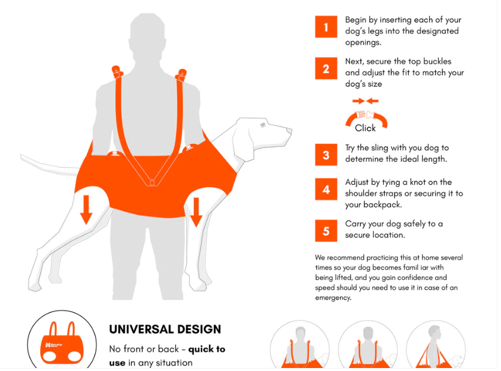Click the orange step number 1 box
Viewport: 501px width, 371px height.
326,27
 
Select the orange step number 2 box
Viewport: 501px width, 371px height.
326,68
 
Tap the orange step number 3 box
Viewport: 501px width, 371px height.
326,155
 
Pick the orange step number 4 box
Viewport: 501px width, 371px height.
326,189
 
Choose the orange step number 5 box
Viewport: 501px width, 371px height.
326,231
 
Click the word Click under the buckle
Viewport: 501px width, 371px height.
365,128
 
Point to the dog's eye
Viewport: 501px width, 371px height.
263,125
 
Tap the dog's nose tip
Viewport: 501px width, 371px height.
290,130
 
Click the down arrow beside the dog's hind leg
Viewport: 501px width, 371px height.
86,210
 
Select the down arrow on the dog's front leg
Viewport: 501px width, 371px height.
196,212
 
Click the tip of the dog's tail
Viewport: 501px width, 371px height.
21,156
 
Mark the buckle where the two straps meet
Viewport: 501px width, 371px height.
152,183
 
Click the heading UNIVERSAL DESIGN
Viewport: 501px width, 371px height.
165,329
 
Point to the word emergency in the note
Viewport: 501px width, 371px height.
333,298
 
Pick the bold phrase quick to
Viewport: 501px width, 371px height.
207,349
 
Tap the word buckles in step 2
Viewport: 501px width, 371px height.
436,61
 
